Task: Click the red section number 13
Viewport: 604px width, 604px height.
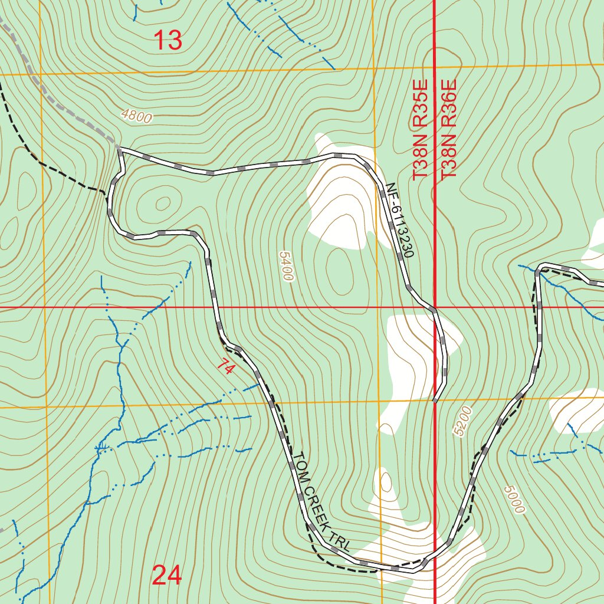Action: point(168,41)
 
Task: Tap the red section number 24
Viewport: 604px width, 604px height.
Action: point(167,575)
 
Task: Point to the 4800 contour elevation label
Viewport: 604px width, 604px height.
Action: point(136,116)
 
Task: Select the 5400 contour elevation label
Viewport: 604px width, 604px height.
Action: point(285,266)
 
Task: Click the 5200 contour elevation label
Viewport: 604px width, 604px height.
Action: point(464,421)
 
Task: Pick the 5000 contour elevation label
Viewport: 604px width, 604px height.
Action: point(514,499)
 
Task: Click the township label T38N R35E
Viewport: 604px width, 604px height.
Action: point(419,130)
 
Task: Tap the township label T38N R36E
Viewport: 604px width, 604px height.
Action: point(449,130)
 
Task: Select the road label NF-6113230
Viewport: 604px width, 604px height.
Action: point(401,220)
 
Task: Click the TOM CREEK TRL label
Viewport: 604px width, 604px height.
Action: point(321,502)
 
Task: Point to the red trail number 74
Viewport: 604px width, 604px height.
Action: point(225,367)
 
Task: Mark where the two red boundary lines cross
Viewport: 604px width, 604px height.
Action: point(435,308)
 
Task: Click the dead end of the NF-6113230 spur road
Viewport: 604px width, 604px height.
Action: point(435,401)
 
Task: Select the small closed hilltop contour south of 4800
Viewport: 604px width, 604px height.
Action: point(161,204)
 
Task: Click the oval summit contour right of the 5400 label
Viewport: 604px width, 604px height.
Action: point(339,268)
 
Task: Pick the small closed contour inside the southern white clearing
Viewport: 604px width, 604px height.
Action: point(386,482)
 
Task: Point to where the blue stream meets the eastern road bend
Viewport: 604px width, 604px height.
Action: point(538,272)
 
